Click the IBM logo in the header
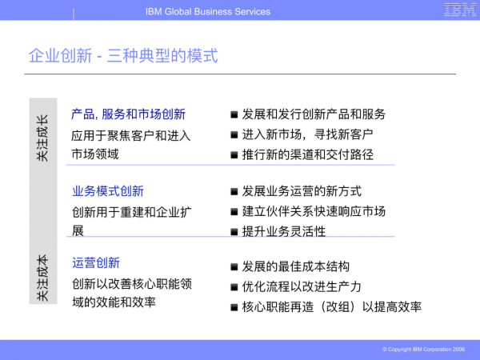pyautogui.click(x=460, y=10)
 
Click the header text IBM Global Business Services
pyautogui.click(x=208, y=11)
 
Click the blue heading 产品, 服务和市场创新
pyautogui.click(x=129, y=114)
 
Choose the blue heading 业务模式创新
pyautogui.click(x=108, y=191)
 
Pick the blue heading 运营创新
pyautogui.click(x=96, y=263)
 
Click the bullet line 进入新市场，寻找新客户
pyautogui.click(x=307, y=134)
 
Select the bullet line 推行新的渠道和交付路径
pyautogui.click(x=307, y=154)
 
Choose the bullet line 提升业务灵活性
pyautogui.click(x=284, y=231)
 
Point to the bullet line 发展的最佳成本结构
pyautogui.click(x=295, y=266)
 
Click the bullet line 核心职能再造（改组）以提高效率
pyautogui.click(x=331, y=306)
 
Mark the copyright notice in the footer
pyautogui.click(x=423, y=350)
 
